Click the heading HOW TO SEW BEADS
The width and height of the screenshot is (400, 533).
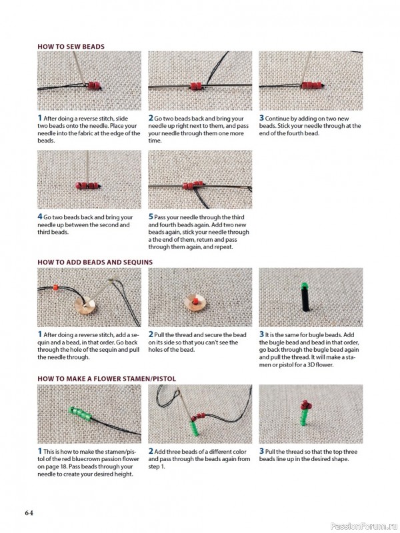pyautogui.click(x=71, y=47)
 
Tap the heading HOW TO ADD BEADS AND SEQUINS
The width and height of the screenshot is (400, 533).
pyautogui.click(x=95, y=262)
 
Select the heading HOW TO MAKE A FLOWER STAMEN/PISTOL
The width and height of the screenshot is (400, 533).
pyautogui.click(x=107, y=378)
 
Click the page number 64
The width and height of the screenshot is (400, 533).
pyautogui.click(x=29, y=512)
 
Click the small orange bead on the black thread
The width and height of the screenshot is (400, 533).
pyautogui.click(x=55, y=288)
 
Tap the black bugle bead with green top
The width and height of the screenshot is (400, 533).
pyautogui.click(x=305, y=296)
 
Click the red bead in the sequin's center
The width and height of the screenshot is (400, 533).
pyautogui.click(x=195, y=301)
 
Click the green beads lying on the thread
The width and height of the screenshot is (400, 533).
pyautogui.click(x=80, y=414)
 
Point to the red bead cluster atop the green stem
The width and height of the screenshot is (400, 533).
pyautogui.click(x=305, y=405)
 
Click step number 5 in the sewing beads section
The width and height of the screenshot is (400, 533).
pyautogui.click(x=151, y=217)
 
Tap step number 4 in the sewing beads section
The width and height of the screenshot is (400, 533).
pyautogui.click(x=40, y=217)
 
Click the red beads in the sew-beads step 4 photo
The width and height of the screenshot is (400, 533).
pyautogui.click(x=87, y=186)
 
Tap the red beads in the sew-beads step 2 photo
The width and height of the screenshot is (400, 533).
pyautogui.click(x=196, y=86)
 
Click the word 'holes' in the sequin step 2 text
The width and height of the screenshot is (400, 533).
pyautogui.click(x=156, y=350)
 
